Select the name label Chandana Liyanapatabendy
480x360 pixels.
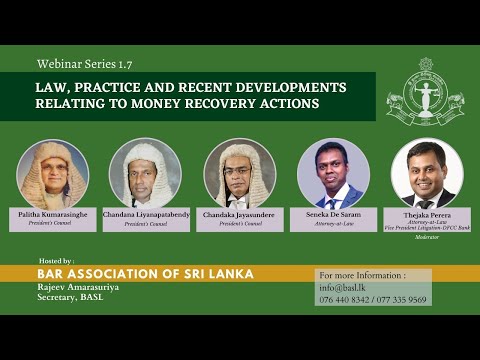coord(145,214)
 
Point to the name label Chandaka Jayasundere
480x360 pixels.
coord(240,214)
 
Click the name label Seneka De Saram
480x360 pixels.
coord(333,214)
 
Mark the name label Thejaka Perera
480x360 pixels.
coord(427,215)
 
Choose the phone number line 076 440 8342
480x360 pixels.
coord(345,299)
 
